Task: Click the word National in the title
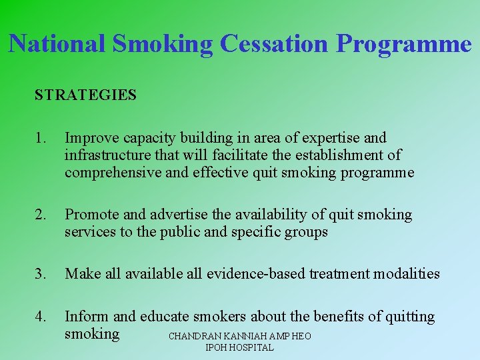(x=57, y=44)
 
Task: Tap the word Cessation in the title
(x=273, y=44)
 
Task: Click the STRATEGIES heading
(x=85, y=95)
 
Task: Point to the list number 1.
(x=41, y=138)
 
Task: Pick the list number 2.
(x=41, y=215)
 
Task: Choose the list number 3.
(x=41, y=273)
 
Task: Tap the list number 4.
(x=41, y=317)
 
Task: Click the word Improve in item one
(x=91, y=138)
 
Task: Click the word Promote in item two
(x=92, y=215)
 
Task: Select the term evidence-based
(x=257, y=273)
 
